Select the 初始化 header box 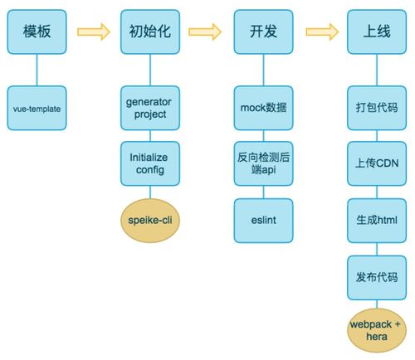[149, 32]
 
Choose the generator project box [149, 108]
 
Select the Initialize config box [149, 162]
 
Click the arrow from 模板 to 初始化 [93, 32]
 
